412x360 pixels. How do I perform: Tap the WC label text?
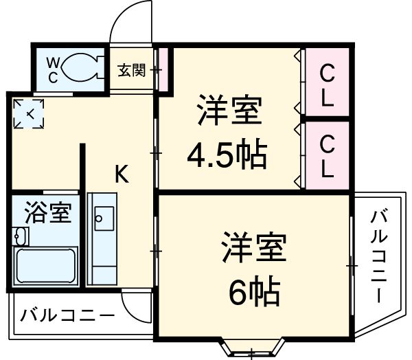[53, 69]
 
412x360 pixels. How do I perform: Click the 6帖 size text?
[253, 292]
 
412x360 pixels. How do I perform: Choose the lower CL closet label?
[327, 157]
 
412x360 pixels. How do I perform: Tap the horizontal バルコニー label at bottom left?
[67, 317]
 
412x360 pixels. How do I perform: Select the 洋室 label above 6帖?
[253, 248]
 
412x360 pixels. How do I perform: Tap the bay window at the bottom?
[252, 347]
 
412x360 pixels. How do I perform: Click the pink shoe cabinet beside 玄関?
[163, 69]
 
